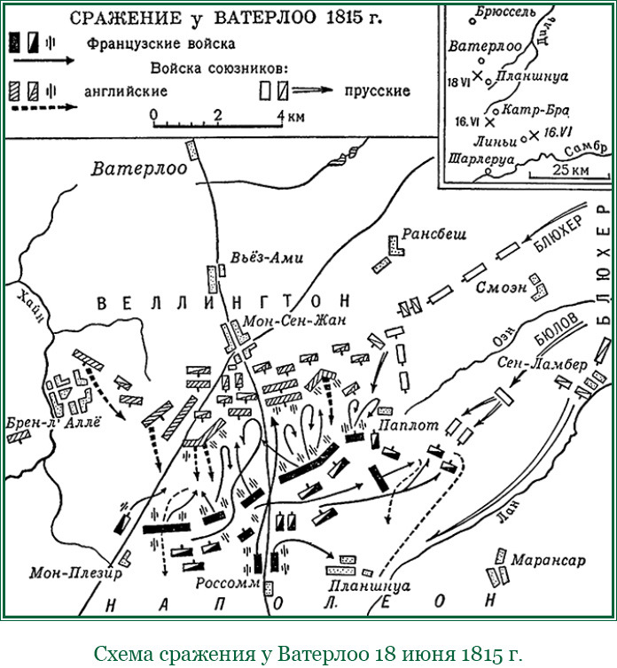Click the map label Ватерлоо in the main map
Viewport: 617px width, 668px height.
pyautogui.click(x=140, y=168)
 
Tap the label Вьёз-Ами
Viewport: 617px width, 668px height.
pyautogui.click(x=265, y=258)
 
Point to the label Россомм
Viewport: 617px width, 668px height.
pyautogui.click(x=228, y=585)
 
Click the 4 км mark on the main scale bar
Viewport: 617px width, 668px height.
pyautogui.click(x=285, y=116)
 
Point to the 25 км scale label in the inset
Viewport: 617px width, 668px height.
pyautogui.click(x=568, y=169)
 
